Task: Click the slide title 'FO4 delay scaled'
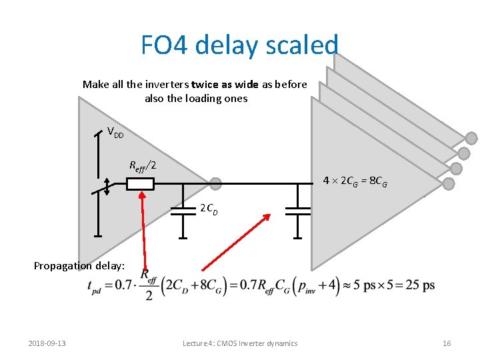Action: point(239,45)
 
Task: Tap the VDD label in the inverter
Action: point(116,133)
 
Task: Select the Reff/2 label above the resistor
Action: point(143,165)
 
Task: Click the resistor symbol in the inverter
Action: point(140,183)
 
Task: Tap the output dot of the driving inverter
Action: point(215,183)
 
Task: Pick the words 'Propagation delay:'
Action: point(79,265)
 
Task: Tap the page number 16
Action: point(447,343)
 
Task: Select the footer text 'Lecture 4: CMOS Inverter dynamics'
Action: point(240,343)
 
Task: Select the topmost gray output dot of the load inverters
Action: point(471,139)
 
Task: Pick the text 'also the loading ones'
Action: point(196,99)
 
